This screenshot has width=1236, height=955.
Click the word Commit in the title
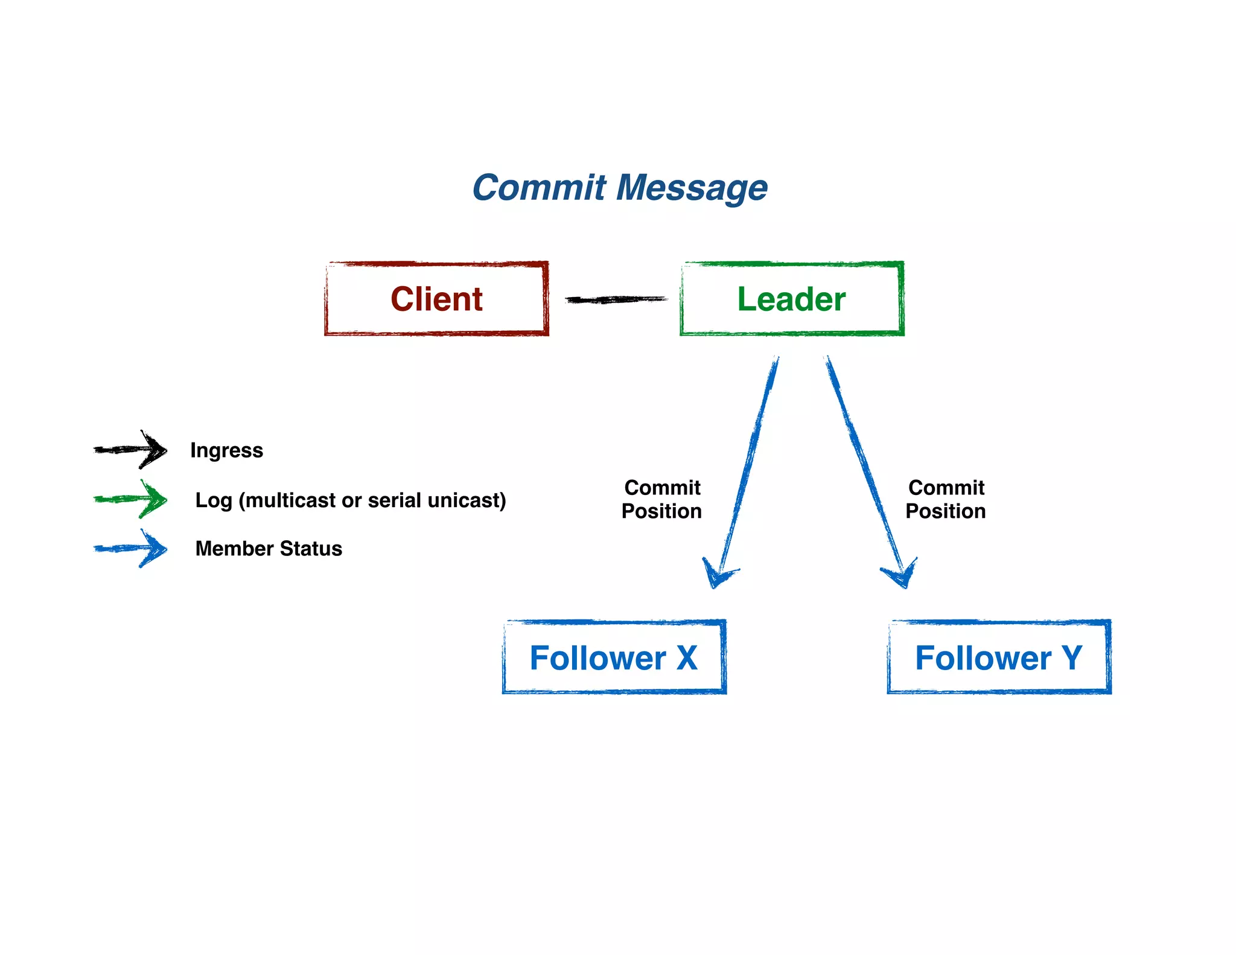tap(538, 188)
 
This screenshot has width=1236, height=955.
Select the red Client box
tap(436, 299)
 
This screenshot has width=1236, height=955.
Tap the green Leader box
tap(791, 299)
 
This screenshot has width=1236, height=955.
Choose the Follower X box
tap(614, 657)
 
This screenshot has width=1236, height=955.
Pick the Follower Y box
tap(998, 657)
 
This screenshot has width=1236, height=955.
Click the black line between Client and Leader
tap(616, 299)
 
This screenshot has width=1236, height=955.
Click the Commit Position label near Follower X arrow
tap(662, 499)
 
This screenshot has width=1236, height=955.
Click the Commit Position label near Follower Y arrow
tap(946, 499)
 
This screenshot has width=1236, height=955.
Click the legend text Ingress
tap(226, 450)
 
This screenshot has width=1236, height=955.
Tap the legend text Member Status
tap(269, 549)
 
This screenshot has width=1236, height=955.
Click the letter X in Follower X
tap(687, 658)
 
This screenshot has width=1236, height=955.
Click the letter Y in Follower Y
tap(1072, 658)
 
